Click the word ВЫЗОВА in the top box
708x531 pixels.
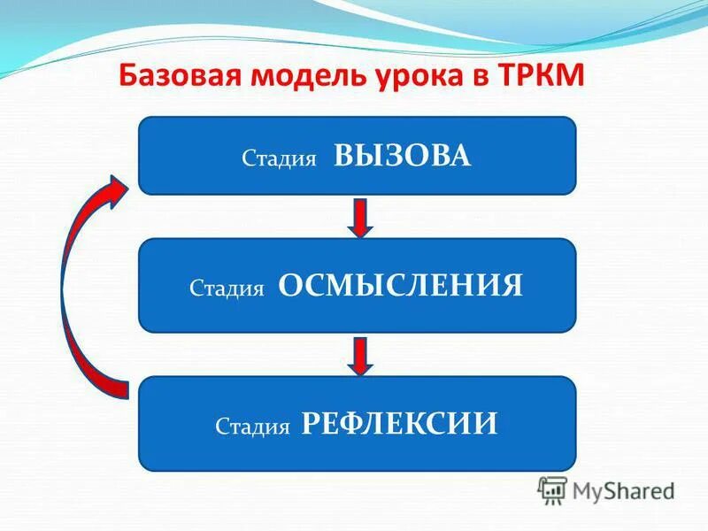[403, 157]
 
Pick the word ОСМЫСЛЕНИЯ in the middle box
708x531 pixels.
[401, 285]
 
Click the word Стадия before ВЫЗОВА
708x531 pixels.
[279, 160]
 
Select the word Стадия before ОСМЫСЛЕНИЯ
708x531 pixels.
[227, 289]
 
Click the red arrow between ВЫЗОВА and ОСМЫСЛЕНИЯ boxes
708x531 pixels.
[359, 217]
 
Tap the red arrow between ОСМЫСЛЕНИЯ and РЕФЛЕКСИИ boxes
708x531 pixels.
[359, 354]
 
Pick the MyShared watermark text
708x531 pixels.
[623, 489]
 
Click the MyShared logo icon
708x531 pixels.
[553, 489]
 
